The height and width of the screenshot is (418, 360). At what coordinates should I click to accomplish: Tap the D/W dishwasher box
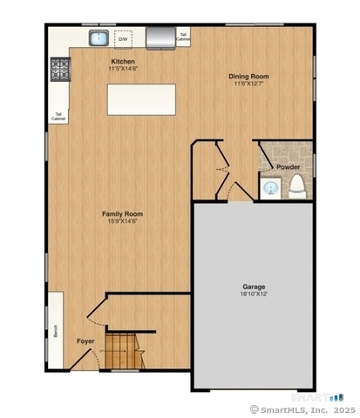(123, 39)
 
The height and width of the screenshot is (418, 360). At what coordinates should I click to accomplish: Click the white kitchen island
(140, 98)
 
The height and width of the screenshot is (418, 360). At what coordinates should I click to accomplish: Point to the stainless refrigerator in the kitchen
(160, 37)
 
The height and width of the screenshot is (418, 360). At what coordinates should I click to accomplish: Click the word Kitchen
(122, 61)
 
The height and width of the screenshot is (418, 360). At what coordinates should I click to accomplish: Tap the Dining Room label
(248, 77)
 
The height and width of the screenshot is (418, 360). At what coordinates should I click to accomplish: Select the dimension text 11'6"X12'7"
(248, 84)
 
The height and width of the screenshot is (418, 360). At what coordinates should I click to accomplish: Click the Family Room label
(122, 213)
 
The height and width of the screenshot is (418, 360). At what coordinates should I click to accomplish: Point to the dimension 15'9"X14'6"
(122, 221)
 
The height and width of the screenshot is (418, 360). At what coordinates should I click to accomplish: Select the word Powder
(289, 166)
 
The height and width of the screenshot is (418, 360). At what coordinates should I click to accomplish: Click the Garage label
(254, 287)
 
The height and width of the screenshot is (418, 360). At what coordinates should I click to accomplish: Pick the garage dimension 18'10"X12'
(254, 294)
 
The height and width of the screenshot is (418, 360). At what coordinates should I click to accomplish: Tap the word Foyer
(85, 340)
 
